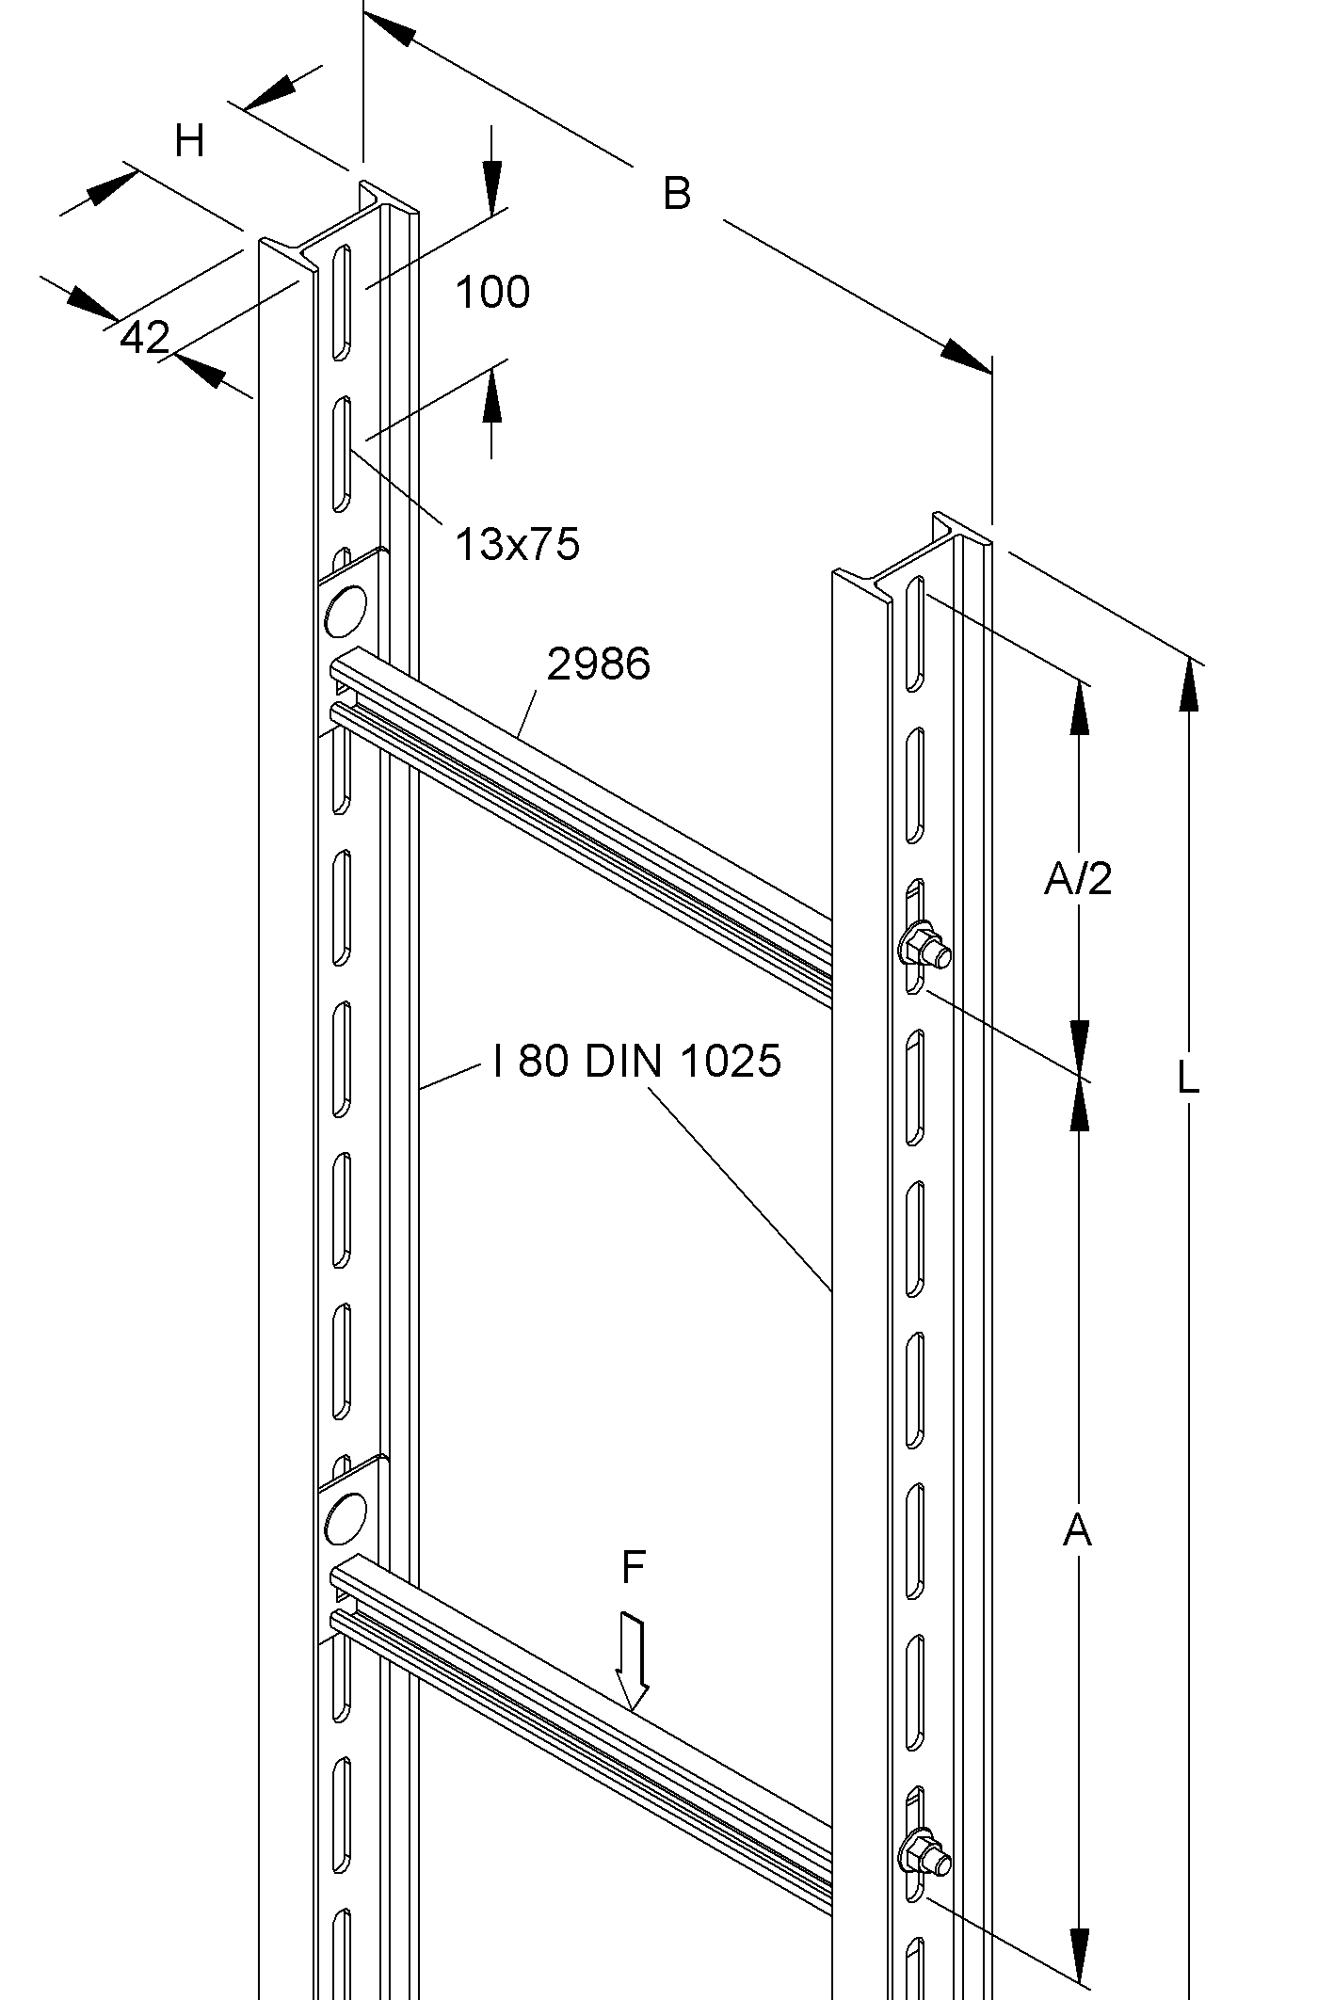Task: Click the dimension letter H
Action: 190,141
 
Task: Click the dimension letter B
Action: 676,194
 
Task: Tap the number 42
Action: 145,337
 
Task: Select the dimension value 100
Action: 492,292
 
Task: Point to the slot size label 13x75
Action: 517,544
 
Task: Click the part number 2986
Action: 598,664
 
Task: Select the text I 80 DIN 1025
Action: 637,1062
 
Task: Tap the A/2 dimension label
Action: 1078,878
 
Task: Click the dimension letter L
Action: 1188,1077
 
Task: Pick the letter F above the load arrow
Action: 634,1566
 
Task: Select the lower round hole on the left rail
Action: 345,1518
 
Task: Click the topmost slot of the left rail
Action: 342,301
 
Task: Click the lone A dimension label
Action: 1077,1530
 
